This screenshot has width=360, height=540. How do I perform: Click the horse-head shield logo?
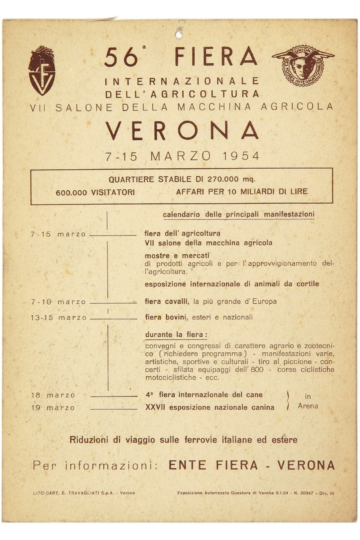click(41, 70)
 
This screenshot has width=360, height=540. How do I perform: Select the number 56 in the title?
click(121, 58)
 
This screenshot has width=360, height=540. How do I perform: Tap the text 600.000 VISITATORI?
click(95, 192)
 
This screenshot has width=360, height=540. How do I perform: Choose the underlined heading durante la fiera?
click(176, 335)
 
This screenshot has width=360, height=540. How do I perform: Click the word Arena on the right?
click(308, 406)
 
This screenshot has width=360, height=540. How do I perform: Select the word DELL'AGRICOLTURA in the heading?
click(182, 94)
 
